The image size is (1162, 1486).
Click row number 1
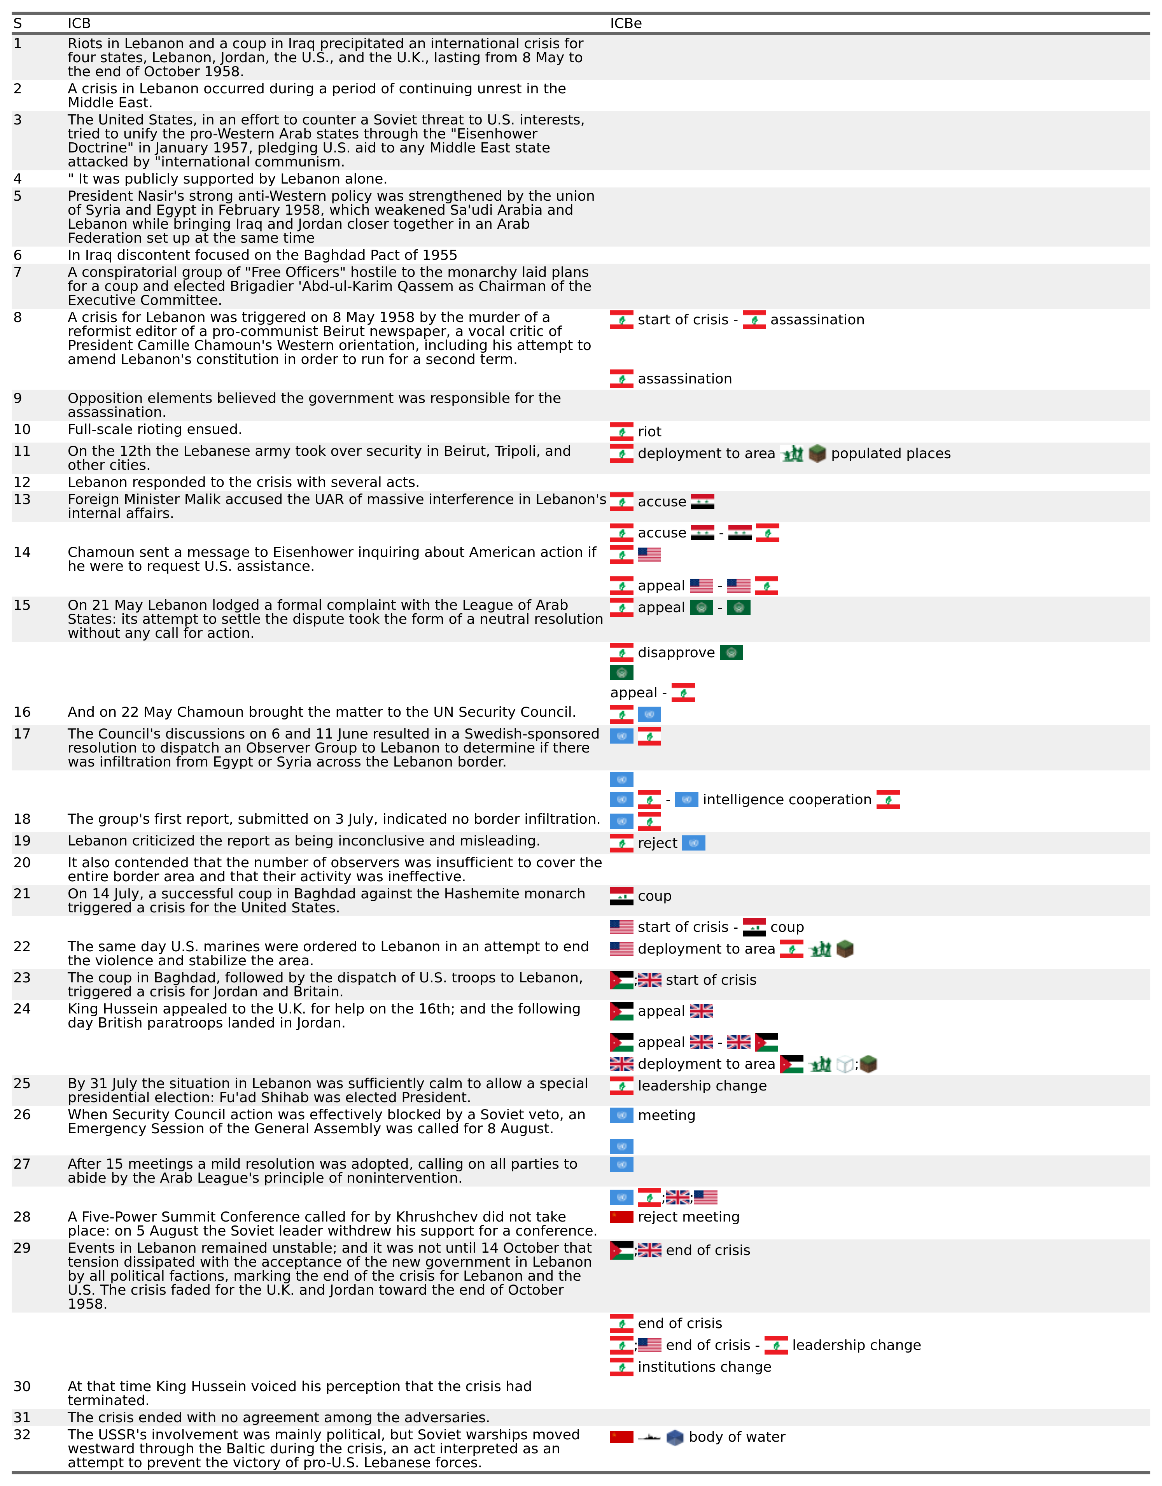click(17, 44)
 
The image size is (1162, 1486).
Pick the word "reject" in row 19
click(657, 844)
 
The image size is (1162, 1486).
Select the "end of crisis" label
click(707, 1251)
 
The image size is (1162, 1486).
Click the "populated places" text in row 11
click(891, 454)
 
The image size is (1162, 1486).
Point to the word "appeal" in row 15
click(661, 607)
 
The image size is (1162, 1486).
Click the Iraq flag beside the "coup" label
click(621, 896)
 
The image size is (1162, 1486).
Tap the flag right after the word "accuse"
click(702, 502)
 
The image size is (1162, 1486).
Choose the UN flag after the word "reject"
click(693, 844)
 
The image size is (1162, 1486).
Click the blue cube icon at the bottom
click(674, 1438)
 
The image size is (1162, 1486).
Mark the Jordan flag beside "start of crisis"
click(621, 980)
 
